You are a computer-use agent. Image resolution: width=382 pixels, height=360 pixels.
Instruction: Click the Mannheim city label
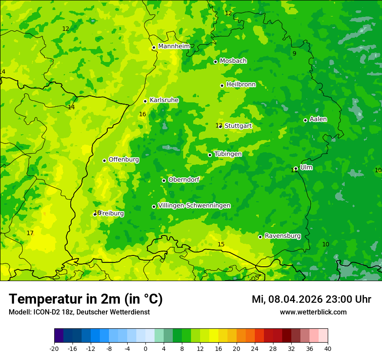click(x=174, y=46)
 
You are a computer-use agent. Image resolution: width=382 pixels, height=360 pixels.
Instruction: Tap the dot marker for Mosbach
click(x=215, y=62)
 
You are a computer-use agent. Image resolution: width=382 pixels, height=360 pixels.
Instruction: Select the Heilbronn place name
click(x=241, y=85)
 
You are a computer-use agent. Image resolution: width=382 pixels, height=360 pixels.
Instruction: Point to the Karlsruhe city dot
click(x=145, y=101)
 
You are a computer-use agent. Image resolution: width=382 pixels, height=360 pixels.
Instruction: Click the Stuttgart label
click(x=238, y=126)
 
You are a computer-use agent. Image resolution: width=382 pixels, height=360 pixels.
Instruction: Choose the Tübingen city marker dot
click(x=210, y=155)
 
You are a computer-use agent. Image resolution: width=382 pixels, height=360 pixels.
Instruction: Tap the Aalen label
click(x=318, y=119)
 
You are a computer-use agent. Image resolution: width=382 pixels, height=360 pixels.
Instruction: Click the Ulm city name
click(x=306, y=167)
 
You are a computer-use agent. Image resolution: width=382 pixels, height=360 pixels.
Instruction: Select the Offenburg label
click(x=124, y=160)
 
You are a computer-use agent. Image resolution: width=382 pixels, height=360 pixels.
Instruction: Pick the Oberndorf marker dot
click(x=164, y=180)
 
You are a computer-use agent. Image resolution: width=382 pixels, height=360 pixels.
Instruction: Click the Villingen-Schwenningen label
click(x=194, y=206)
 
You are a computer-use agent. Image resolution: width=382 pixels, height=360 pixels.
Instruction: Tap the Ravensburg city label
click(x=283, y=236)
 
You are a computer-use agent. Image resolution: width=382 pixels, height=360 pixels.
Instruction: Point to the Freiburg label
click(x=112, y=213)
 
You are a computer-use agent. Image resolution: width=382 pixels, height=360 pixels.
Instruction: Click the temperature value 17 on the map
click(x=30, y=233)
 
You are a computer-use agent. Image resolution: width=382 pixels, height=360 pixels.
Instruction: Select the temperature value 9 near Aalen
click(x=294, y=53)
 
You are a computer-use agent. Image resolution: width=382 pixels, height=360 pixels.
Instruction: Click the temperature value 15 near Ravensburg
click(x=221, y=244)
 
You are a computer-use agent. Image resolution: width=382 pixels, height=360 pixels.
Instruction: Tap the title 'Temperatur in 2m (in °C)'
click(x=86, y=299)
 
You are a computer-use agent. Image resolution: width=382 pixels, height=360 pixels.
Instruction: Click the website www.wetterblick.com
click(x=313, y=312)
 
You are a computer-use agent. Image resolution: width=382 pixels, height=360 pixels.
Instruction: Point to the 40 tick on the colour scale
click(x=327, y=348)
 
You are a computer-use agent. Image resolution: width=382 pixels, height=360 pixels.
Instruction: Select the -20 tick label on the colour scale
click(x=54, y=348)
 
